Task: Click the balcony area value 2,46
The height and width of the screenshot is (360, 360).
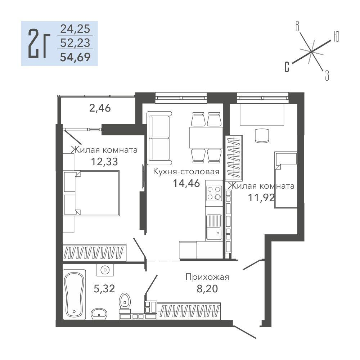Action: click(x=100, y=108)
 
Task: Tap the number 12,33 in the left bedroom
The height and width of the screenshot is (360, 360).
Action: click(x=104, y=161)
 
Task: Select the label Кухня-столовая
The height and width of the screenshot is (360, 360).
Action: click(x=186, y=171)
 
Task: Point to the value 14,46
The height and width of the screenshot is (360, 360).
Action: click(x=186, y=183)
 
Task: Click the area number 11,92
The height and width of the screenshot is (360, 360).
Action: click(x=261, y=197)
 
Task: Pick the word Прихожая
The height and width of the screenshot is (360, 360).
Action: click(x=207, y=277)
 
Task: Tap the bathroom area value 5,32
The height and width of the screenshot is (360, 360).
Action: click(x=104, y=289)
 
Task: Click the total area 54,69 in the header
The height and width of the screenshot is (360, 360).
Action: click(x=75, y=57)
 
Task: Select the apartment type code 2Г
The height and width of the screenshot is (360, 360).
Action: click(x=39, y=44)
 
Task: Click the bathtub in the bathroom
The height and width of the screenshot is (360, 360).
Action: click(x=74, y=294)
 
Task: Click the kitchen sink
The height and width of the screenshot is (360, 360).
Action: click(x=214, y=227)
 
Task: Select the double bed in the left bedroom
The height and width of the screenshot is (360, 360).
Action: click(x=92, y=193)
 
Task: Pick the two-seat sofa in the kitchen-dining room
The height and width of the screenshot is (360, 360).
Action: click(x=159, y=138)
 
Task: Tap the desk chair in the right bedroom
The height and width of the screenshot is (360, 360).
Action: click(x=262, y=136)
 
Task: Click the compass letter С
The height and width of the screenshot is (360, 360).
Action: click(x=287, y=67)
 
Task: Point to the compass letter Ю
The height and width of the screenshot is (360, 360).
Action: click(x=336, y=37)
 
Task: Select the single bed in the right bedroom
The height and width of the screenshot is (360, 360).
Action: click(x=286, y=180)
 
